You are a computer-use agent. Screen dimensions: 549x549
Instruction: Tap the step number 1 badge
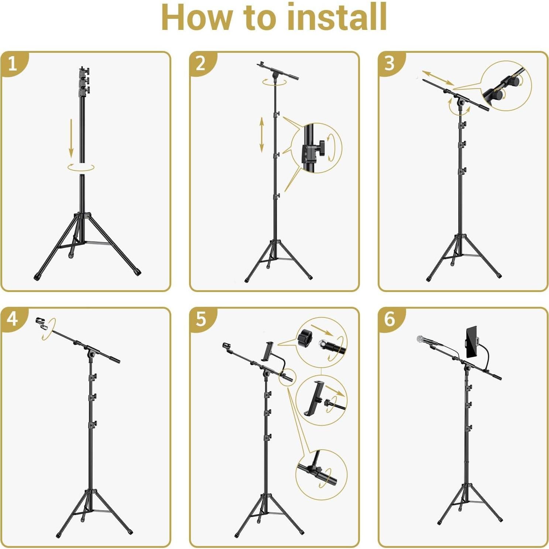click(x=13, y=64)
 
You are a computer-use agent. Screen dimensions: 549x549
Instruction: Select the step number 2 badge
click(x=201, y=64)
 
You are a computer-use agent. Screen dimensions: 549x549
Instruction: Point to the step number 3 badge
click(x=390, y=64)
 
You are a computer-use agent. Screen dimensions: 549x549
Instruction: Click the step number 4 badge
click(x=13, y=319)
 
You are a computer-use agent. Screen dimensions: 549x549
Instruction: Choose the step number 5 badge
click(x=201, y=319)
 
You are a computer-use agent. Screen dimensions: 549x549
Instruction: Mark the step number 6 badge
click(x=390, y=319)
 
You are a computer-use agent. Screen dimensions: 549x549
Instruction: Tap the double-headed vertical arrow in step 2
click(x=261, y=134)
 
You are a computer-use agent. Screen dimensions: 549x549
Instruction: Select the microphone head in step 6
click(x=421, y=339)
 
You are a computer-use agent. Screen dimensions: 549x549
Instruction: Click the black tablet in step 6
click(x=471, y=342)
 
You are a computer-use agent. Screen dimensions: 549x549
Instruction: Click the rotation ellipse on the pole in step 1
click(x=81, y=167)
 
